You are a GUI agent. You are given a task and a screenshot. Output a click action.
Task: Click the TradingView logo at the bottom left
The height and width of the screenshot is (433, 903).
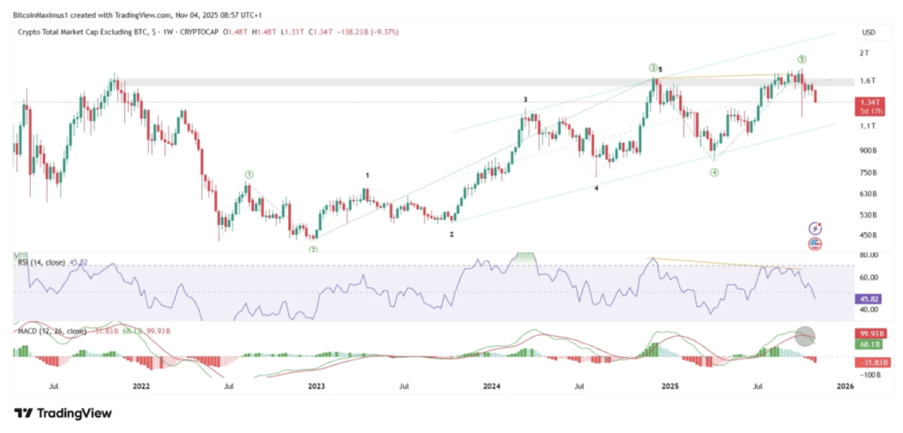(55, 413)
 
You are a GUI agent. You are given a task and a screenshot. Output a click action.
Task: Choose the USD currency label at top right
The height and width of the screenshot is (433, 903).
(868, 33)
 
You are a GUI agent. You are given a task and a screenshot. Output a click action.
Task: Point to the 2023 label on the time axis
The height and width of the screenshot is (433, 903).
(316, 385)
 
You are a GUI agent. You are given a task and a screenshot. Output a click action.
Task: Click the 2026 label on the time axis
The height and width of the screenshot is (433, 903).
(845, 385)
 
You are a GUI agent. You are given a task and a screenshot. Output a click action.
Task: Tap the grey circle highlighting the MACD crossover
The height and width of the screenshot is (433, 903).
(804, 336)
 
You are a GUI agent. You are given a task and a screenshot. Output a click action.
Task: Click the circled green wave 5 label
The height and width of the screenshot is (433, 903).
(802, 59)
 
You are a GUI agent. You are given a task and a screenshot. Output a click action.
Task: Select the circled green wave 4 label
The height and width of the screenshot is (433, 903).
(714, 173)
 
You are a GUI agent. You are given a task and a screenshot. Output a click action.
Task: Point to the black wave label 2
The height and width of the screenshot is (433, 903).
(451, 235)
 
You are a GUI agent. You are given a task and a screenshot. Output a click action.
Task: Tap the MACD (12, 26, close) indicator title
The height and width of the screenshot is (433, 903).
(51, 331)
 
